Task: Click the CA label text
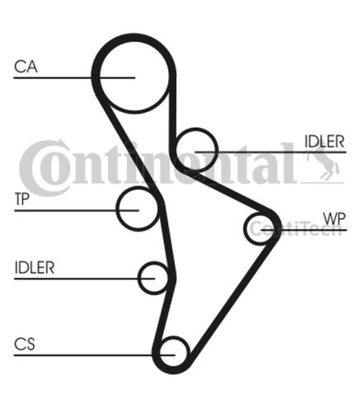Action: (26, 67)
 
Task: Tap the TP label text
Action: (21, 199)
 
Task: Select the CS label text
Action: (25, 345)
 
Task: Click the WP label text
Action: (334, 218)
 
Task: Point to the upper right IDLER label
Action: (325, 142)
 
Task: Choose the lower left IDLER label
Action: (35, 268)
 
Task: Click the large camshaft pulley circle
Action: (134, 112)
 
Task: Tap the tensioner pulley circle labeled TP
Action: (117, 209)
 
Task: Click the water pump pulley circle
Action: (245, 229)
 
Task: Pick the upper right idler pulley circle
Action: (217, 150)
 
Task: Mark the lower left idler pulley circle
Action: (138, 278)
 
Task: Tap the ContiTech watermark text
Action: (296, 228)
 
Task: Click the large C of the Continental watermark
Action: (44, 167)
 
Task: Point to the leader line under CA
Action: (74, 77)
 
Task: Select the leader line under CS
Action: (95, 355)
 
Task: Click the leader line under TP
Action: (77, 210)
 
